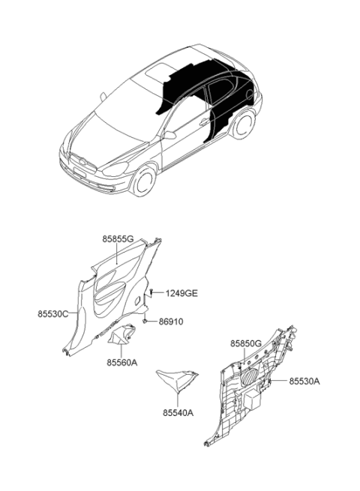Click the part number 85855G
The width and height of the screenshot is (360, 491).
118,239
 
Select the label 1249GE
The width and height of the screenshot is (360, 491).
181,293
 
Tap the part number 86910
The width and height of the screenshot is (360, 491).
171,322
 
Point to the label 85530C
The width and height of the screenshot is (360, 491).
53,313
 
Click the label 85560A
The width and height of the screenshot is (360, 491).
122,363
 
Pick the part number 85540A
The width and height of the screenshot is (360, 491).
178,413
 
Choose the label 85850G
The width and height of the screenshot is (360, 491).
246,343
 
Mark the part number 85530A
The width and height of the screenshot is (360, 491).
304,381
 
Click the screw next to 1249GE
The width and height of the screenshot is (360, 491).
151,293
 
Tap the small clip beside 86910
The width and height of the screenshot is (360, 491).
145,321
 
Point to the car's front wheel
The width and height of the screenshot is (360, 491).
144,181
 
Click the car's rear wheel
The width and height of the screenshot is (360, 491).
244,124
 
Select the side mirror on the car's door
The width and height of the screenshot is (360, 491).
169,135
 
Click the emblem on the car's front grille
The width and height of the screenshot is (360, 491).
82,163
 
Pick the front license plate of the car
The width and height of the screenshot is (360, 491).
79,173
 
